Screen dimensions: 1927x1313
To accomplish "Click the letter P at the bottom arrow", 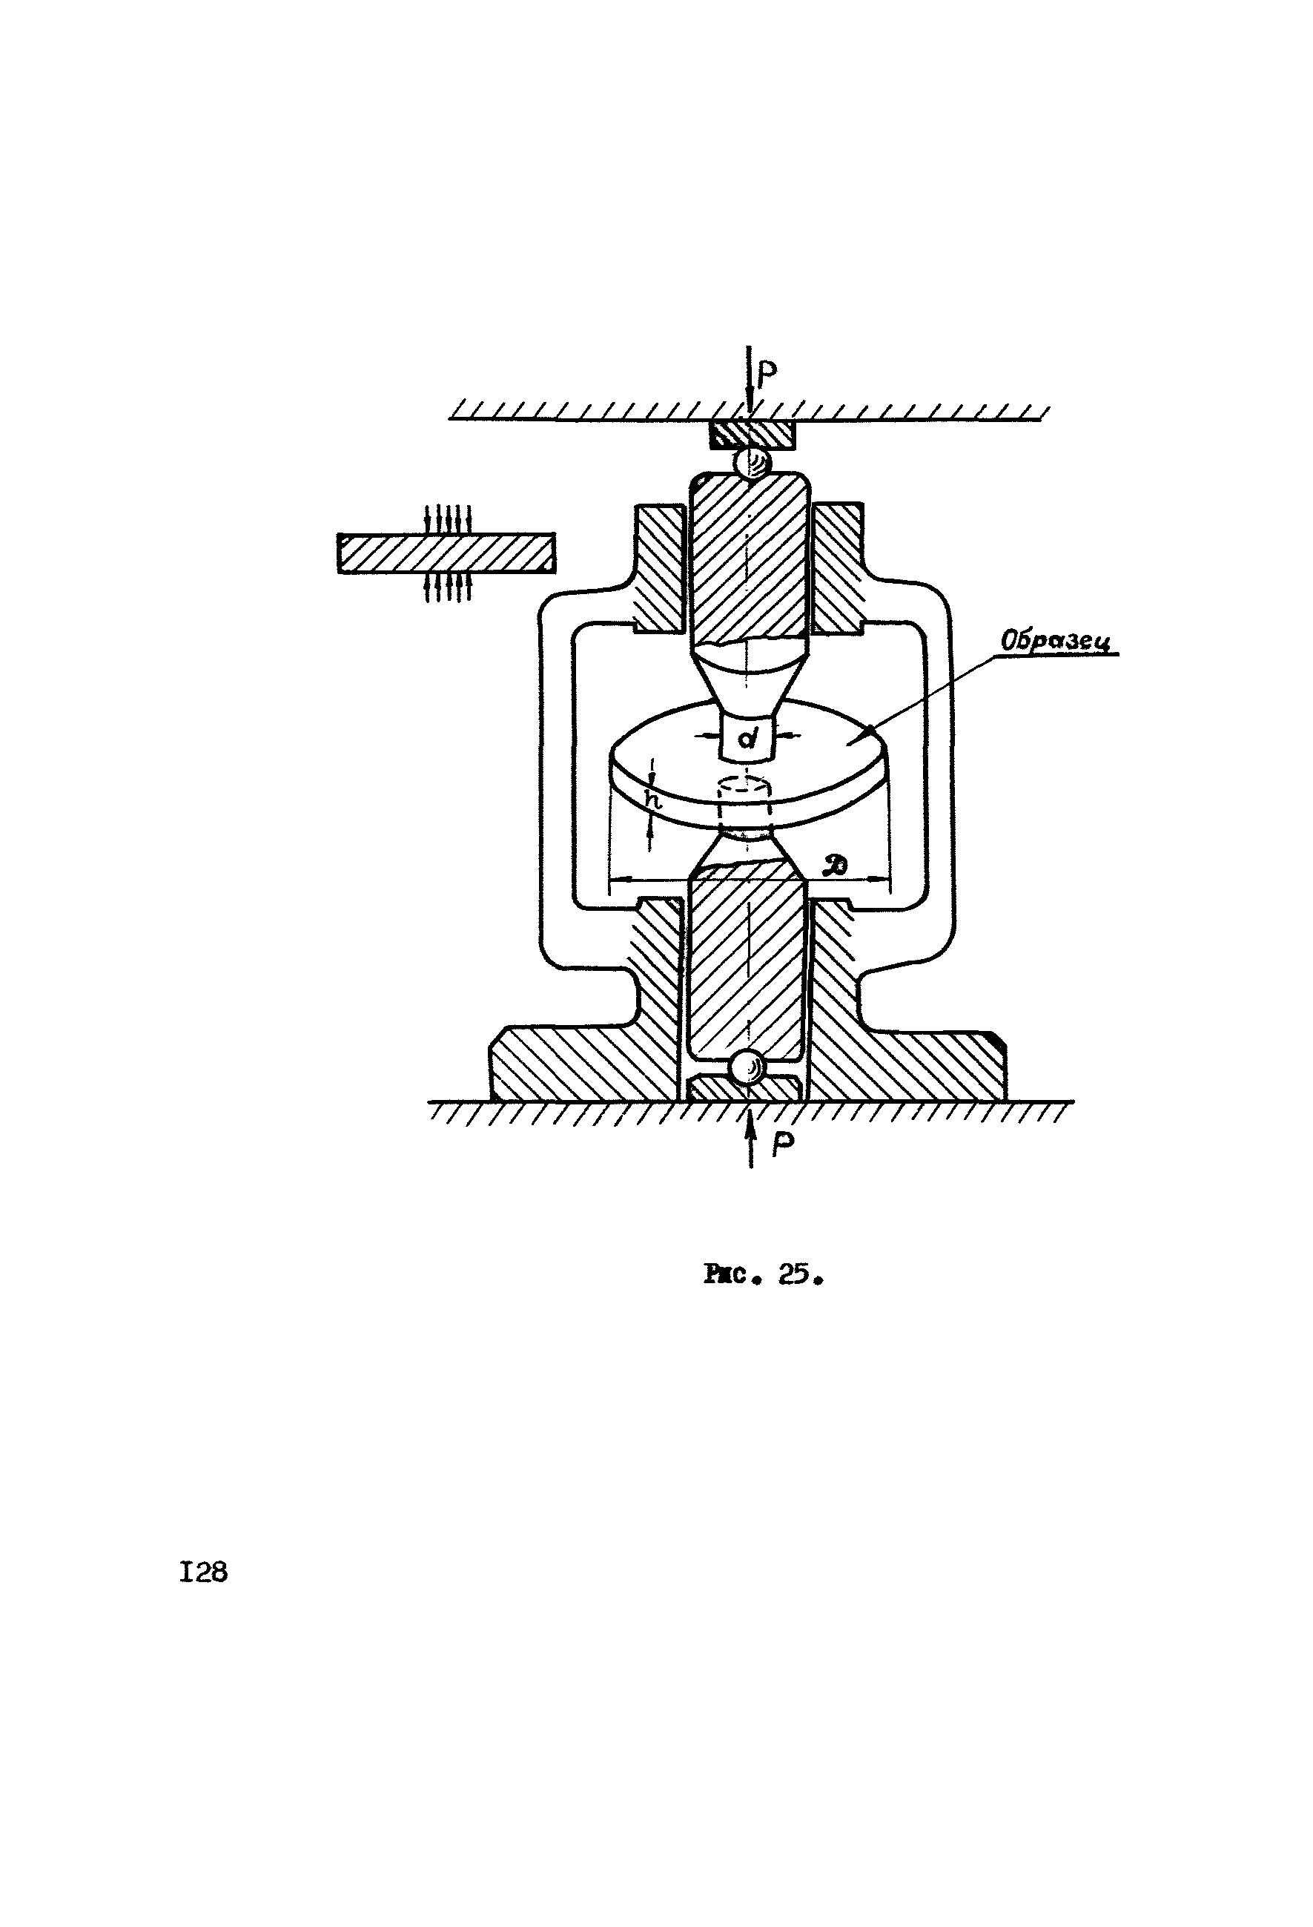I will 781,1145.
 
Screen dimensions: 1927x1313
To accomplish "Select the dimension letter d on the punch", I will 747,737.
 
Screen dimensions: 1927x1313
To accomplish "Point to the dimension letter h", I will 654,801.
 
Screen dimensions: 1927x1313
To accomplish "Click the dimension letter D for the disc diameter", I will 836,866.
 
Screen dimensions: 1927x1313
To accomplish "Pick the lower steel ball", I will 750,1067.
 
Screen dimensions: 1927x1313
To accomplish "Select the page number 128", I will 203,1572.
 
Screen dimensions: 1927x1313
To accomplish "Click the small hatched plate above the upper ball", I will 751,434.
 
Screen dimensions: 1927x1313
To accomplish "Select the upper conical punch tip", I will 749,680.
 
